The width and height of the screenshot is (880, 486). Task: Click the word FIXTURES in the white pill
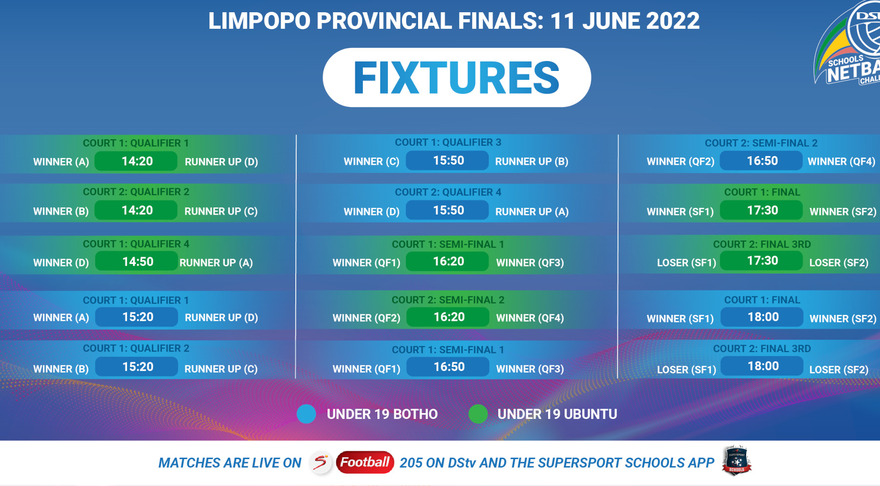[x=457, y=77]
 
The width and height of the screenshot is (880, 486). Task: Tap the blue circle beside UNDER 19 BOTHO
[x=307, y=414]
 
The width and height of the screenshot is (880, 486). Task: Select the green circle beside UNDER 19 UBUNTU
[x=478, y=414]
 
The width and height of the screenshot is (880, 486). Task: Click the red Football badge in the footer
[x=365, y=462]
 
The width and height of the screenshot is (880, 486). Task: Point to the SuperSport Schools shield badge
[x=737, y=460]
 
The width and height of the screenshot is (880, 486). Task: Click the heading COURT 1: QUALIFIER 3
[x=448, y=142]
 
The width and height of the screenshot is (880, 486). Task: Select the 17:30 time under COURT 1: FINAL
[x=762, y=210]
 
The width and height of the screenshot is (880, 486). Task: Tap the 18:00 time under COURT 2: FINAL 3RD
[x=762, y=366]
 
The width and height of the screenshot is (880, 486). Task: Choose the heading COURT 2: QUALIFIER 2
[x=136, y=192]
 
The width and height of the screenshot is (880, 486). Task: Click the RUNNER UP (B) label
[x=532, y=161]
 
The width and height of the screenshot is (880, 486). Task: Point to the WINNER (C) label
[x=372, y=161]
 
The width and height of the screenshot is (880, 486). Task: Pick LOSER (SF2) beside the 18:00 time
[x=839, y=370]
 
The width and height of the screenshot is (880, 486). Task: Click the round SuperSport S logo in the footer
[x=321, y=462]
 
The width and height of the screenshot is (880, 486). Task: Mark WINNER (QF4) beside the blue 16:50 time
[x=841, y=161]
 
